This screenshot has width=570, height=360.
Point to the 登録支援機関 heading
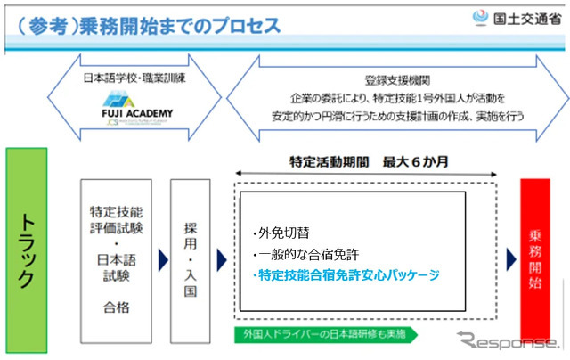point(389,78)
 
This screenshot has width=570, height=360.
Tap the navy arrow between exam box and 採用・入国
point(159,259)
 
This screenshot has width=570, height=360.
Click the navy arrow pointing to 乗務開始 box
point(511,259)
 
